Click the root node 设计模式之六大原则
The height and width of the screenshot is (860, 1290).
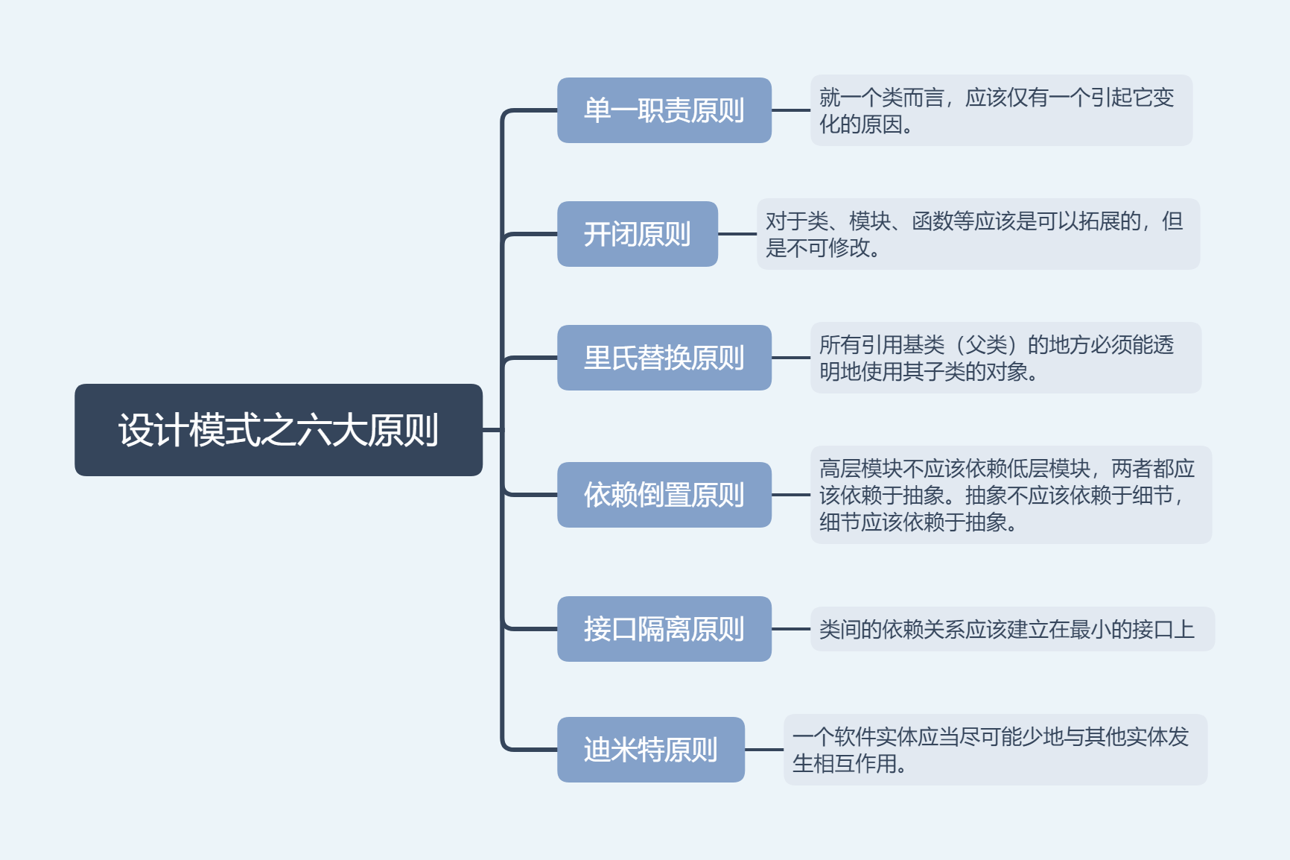click(279, 430)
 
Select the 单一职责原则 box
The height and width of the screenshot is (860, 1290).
click(664, 110)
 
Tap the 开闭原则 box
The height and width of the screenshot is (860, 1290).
click(637, 234)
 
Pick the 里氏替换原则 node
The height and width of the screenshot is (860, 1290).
click(664, 358)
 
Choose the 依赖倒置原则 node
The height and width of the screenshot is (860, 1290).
click(664, 495)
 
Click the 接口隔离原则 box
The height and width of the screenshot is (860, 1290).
click(664, 629)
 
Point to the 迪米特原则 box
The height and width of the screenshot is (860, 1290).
click(650, 750)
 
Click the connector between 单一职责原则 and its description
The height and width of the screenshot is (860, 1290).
click(791, 110)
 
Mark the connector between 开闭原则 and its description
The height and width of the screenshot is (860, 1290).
click(737, 234)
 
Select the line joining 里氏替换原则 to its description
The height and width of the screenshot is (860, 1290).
click(791, 358)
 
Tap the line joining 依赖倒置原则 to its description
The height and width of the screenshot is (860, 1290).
click(791, 495)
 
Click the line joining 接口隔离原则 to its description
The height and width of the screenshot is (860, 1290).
click(791, 629)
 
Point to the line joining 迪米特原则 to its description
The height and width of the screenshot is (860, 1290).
click(764, 750)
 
